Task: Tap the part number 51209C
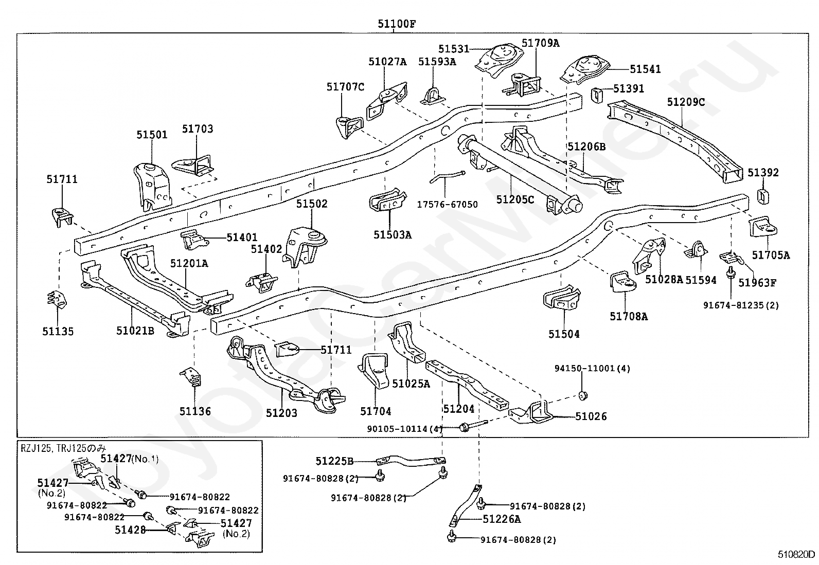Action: (x=686, y=102)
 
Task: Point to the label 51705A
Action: (x=770, y=255)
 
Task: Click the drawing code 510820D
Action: (x=796, y=555)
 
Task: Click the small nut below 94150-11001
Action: (x=583, y=395)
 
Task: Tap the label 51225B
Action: (x=334, y=461)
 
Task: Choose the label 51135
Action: (x=58, y=332)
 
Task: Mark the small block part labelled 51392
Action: (x=763, y=196)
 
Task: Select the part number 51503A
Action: (x=393, y=235)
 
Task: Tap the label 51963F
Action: (x=757, y=282)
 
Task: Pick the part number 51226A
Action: (x=502, y=519)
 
